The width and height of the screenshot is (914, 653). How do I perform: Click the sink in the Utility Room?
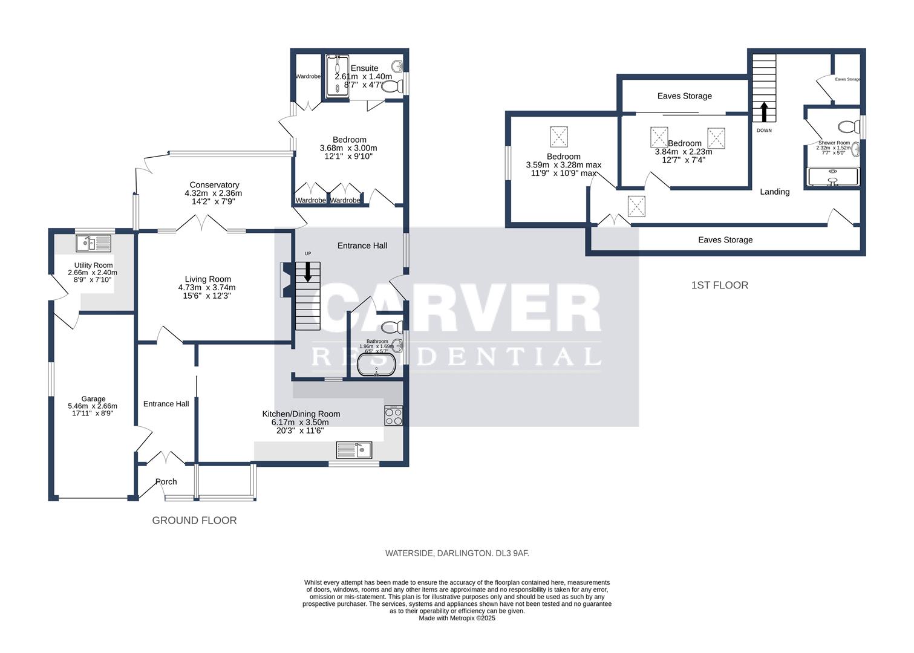(94, 244)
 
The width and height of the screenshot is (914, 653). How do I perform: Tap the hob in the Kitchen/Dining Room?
(393, 416)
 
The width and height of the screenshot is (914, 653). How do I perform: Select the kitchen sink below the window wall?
(355, 450)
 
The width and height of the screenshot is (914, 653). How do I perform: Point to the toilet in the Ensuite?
(392, 88)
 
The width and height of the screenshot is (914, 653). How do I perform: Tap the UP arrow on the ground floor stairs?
(308, 271)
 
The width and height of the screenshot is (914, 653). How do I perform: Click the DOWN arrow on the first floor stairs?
(763, 112)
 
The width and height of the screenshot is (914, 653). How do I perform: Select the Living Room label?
(208, 279)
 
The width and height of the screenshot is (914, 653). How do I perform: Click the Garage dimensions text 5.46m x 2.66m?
(93, 406)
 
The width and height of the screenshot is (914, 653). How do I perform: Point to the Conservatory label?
(214, 185)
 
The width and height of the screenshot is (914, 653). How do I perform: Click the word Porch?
(166, 482)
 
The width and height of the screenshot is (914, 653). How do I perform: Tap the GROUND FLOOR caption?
(194, 521)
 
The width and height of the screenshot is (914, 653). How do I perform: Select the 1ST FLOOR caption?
(719, 285)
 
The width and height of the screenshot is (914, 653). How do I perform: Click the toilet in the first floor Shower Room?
(849, 127)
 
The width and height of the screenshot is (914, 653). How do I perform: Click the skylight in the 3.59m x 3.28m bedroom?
(558, 137)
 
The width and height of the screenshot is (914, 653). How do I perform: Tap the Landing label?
(774, 192)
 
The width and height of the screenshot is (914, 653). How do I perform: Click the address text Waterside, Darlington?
(457, 553)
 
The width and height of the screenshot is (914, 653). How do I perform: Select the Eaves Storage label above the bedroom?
(684, 96)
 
